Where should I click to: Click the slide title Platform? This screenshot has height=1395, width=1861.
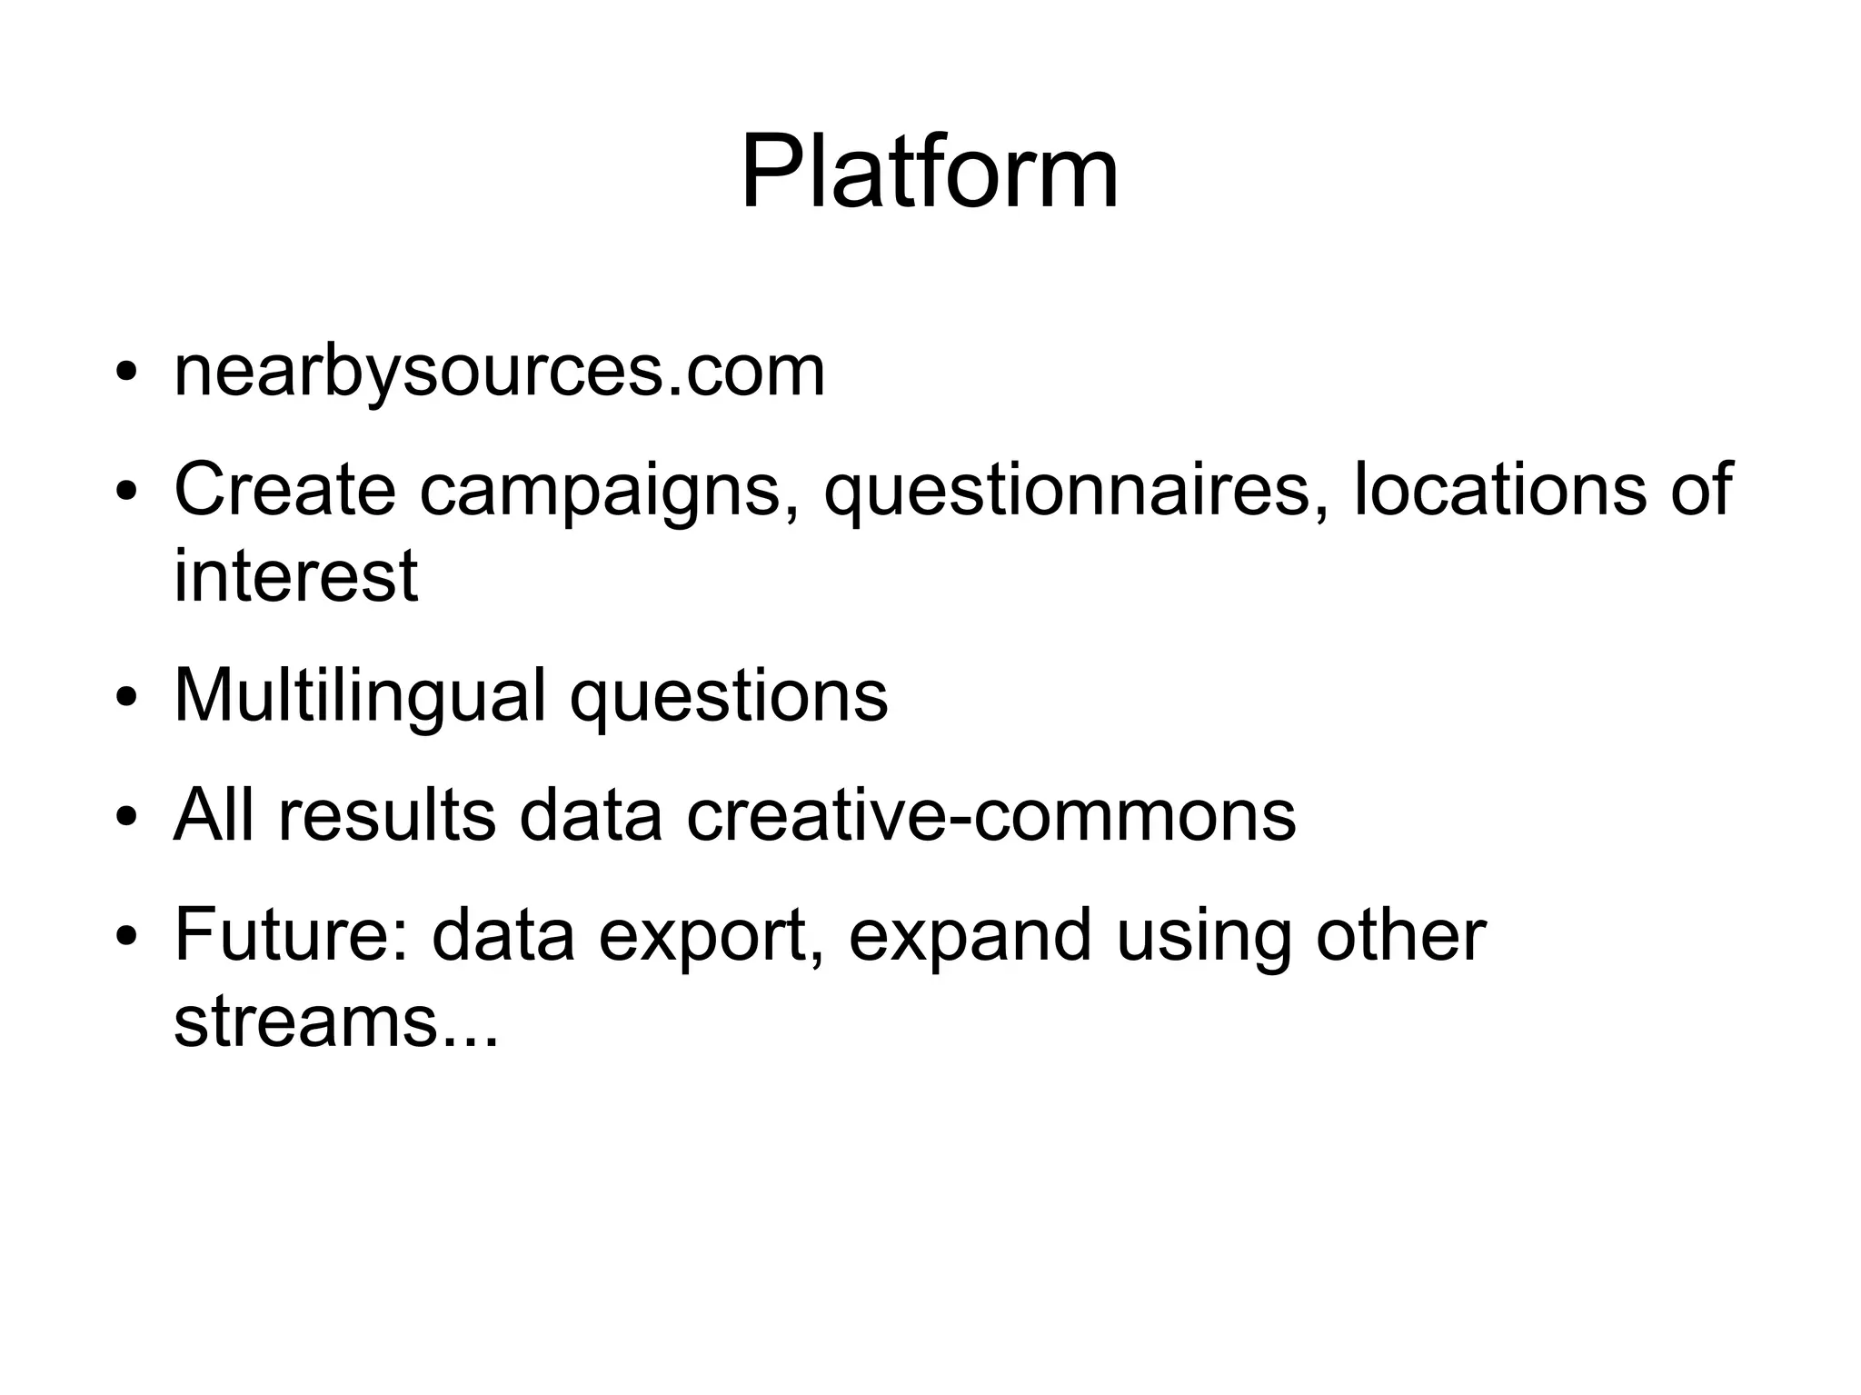(x=930, y=173)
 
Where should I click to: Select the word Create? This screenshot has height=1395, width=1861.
(x=284, y=490)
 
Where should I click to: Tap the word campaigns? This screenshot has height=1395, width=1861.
(x=600, y=492)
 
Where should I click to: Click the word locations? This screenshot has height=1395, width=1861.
(x=1498, y=490)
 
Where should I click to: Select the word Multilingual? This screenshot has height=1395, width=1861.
(x=360, y=697)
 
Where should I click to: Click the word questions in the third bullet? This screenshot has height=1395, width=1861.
(x=728, y=697)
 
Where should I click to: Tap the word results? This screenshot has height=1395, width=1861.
(x=386, y=815)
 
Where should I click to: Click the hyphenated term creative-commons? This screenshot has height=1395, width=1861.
(x=990, y=815)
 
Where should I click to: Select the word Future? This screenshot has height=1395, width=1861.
(x=290, y=935)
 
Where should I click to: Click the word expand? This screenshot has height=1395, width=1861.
(x=970, y=937)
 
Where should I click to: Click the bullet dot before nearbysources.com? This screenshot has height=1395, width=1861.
(x=126, y=374)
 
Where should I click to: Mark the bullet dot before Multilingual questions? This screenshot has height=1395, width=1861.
(x=126, y=699)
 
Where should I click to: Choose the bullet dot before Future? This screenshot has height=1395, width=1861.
(x=126, y=937)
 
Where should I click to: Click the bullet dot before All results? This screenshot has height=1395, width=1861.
(x=126, y=817)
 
